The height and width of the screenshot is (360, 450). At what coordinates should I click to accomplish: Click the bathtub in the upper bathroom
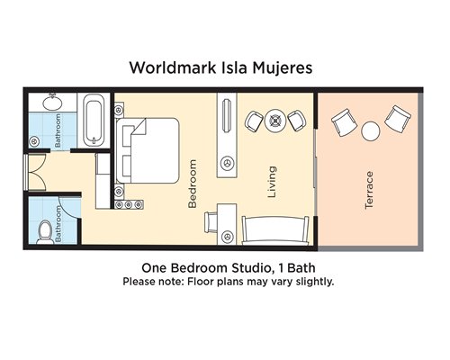93,121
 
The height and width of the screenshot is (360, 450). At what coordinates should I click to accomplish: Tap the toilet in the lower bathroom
45,232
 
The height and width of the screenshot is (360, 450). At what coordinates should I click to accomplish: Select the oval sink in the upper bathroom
52,102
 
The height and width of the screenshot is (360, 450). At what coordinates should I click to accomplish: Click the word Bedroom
192,184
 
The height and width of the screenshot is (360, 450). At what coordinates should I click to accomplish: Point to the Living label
272,182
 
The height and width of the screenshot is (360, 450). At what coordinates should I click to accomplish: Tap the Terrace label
369,190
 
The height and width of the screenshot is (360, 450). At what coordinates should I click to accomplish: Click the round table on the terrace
371,130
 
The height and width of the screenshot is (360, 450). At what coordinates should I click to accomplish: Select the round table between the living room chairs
275,121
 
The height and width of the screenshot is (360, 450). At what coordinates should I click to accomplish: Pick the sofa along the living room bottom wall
275,230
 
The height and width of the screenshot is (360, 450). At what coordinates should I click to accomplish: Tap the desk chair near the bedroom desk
211,222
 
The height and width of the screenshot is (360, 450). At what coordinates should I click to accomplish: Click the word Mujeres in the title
282,68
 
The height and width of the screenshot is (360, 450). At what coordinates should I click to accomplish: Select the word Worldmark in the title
173,67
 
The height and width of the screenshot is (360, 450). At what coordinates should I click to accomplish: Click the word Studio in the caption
251,267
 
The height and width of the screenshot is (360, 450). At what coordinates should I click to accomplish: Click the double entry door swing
37,172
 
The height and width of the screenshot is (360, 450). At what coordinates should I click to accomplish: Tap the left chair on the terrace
344,122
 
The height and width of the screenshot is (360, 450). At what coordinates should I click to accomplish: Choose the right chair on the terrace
397,118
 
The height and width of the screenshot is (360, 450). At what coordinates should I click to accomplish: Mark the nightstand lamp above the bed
119,110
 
